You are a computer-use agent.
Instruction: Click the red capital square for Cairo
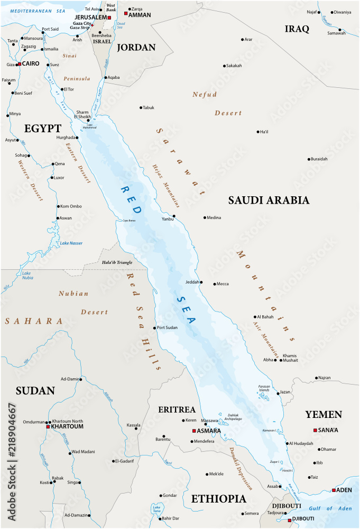click(19, 64)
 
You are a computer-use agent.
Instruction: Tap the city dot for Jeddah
click(201, 282)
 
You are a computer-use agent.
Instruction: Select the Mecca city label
click(223, 284)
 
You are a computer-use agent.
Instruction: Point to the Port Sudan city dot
click(155, 328)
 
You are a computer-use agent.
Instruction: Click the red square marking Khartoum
click(48, 426)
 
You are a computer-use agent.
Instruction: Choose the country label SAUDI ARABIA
click(268, 200)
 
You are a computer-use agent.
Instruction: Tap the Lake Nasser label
click(71, 243)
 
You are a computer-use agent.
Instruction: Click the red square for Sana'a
click(315, 430)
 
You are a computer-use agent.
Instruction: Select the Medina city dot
click(205, 217)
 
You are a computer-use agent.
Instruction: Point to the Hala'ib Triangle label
click(117, 262)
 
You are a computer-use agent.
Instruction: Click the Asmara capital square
click(194, 431)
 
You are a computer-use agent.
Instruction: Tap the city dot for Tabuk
click(141, 107)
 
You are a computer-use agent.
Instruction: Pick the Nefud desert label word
click(204, 94)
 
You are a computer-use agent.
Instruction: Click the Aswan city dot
click(58, 218)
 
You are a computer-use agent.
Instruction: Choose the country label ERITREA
click(177, 409)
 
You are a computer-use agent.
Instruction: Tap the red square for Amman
click(126, 13)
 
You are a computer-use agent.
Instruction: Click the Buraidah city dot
click(309, 159)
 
